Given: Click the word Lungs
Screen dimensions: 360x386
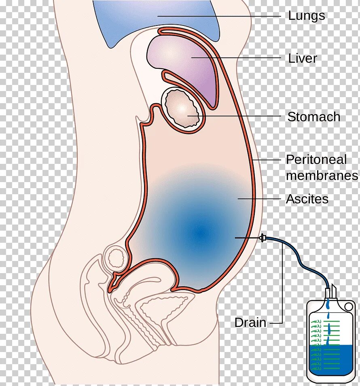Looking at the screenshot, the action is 306,16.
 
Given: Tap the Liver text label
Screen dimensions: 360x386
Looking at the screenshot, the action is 302,58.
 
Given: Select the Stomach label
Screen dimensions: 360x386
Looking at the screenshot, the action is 313,117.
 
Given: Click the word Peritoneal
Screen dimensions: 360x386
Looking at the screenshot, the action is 316,159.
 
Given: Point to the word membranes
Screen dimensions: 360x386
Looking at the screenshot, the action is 322,176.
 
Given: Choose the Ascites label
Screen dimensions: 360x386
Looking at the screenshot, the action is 307,199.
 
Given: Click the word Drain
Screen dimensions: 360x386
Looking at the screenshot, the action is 250,323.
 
